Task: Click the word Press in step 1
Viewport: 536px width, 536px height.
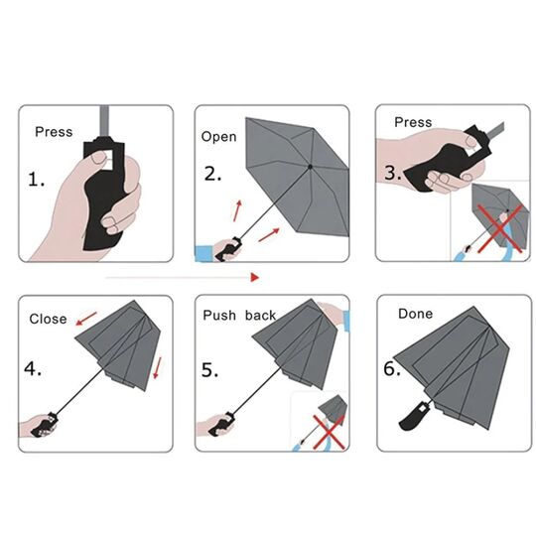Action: tap(54, 132)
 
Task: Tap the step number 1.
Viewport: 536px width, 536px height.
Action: tap(36, 180)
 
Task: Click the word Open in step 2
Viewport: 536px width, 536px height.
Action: tap(218, 137)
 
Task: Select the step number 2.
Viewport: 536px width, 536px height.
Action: tap(212, 174)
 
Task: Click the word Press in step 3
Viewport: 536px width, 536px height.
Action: tap(413, 122)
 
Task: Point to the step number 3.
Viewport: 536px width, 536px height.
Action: tap(393, 173)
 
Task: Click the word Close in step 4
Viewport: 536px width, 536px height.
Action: tap(48, 319)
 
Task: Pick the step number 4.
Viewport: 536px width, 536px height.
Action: tap(33, 369)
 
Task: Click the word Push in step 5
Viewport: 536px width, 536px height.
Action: tap(219, 316)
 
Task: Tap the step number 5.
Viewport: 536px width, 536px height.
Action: tap(209, 370)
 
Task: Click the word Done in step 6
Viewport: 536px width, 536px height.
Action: tap(415, 314)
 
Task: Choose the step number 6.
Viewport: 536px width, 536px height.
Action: tap(392, 369)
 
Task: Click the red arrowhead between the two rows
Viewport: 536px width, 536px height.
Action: tap(255, 277)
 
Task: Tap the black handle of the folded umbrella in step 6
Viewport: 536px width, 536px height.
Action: tap(414, 416)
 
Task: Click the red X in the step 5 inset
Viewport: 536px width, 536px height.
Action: tap(329, 432)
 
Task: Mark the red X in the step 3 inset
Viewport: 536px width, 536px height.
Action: tap(500, 228)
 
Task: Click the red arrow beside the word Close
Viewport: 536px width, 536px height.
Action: tap(86, 319)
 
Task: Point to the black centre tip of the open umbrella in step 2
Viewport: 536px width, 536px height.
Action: tap(310, 167)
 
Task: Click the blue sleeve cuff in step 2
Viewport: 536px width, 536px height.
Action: tap(204, 253)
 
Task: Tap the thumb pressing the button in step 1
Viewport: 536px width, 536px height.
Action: tap(96, 158)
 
